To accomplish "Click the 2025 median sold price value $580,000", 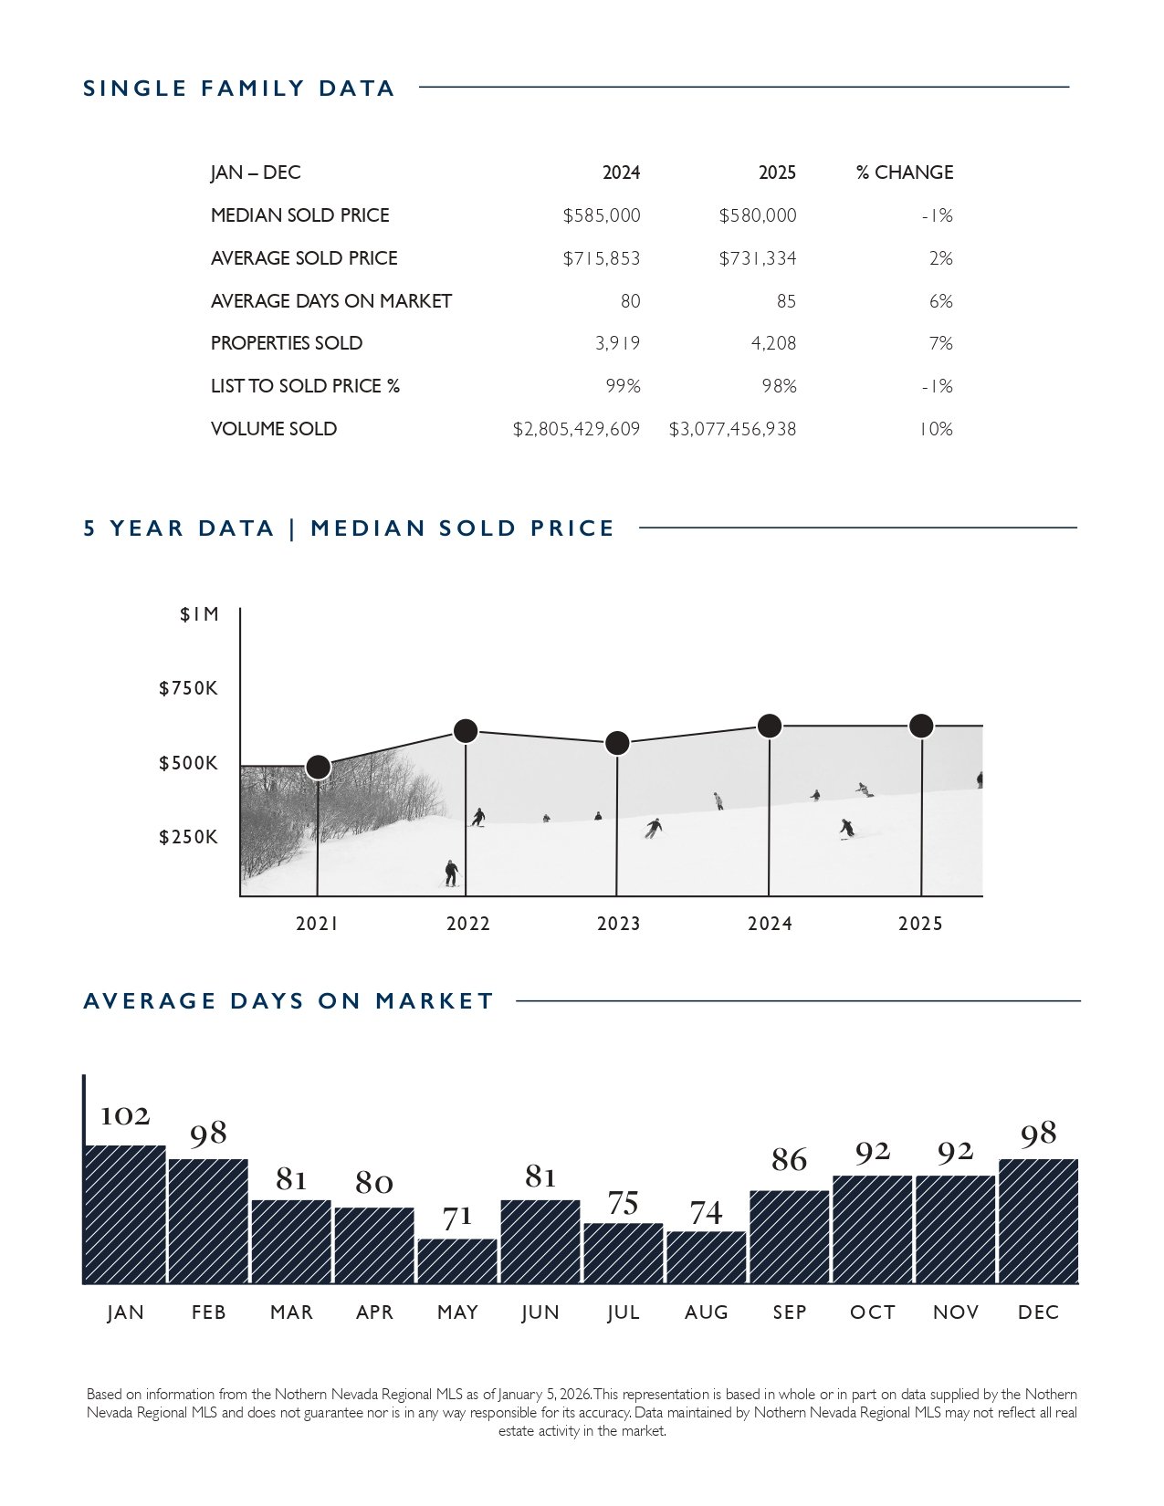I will point(757,216).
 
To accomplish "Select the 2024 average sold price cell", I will point(601,259).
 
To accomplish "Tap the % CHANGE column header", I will point(904,173).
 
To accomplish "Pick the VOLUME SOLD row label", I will point(274,429).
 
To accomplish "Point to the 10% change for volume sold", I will point(936,429).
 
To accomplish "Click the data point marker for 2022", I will point(466,730).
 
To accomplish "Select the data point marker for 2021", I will point(318,767).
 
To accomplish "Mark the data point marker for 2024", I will point(770,726).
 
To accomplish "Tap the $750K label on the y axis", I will point(189,688).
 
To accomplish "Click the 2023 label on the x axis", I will point(618,924).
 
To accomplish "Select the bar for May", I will point(457,1260).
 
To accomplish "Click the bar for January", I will point(125,1214).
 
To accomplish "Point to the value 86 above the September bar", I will point(789,1160).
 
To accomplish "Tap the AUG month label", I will point(707,1313).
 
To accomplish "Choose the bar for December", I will point(1038,1221).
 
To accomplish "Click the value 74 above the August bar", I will point(706,1213).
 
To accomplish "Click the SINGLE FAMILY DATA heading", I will point(239,89).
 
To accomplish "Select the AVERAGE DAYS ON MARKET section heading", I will point(288,1001).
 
